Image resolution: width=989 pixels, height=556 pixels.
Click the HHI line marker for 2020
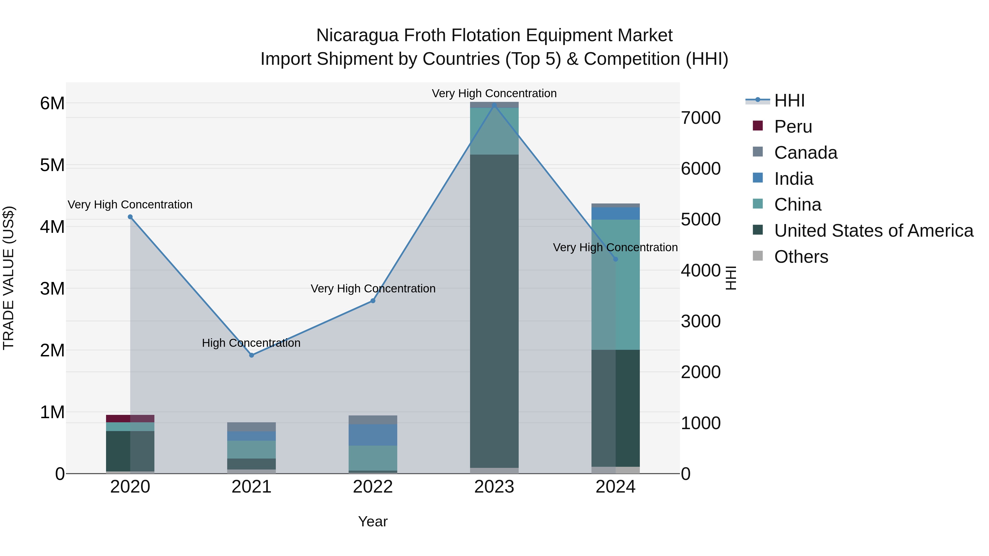[x=130, y=217]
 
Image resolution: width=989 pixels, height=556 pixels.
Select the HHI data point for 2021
[x=251, y=355]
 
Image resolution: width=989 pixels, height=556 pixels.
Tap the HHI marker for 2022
[x=373, y=301]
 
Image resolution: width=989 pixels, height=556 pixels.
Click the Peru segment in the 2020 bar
[x=130, y=418]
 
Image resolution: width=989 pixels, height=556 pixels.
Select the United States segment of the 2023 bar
[x=494, y=311]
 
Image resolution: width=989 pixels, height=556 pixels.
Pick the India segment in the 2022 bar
[x=373, y=435]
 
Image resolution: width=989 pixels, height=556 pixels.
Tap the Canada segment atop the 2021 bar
[x=251, y=427]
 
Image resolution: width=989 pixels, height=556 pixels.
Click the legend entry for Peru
[x=793, y=127]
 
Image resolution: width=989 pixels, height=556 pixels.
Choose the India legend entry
[x=793, y=179]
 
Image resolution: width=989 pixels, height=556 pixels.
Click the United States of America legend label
[x=873, y=231]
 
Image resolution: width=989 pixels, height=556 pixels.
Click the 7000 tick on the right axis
[x=701, y=118]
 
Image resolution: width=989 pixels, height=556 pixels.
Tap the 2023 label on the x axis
[x=494, y=487]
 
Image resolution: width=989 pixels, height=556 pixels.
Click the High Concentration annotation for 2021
[x=251, y=343]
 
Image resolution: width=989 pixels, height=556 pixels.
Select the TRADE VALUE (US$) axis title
[x=9, y=278]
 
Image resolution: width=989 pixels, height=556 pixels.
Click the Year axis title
[x=373, y=521]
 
